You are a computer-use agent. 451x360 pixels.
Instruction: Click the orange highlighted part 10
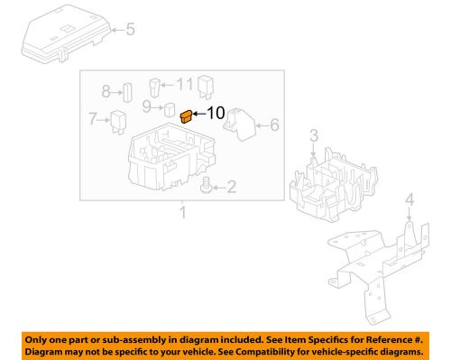tap(186, 115)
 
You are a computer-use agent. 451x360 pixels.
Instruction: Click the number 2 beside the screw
tap(232, 188)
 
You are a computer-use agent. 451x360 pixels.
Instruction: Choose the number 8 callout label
tap(106, 91)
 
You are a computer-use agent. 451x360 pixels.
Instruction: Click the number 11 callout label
tap(185, 84)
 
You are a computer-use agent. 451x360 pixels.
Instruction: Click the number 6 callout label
tap(275, 125)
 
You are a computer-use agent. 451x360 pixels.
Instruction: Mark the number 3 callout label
tap(313, 135)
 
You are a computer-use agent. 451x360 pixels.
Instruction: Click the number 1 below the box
tap(182, 213)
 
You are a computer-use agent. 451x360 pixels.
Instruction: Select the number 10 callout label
tap(216, 114)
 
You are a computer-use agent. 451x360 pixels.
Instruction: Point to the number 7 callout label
tap(92, 118)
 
